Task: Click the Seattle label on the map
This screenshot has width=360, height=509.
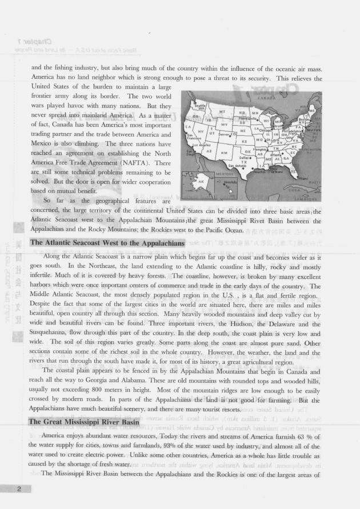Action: coord(200,106)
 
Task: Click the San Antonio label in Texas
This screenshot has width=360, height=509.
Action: coord(237,166)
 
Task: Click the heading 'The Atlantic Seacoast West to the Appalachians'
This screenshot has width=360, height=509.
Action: coord(107,243)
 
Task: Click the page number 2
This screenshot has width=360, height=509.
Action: coord(19,490)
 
